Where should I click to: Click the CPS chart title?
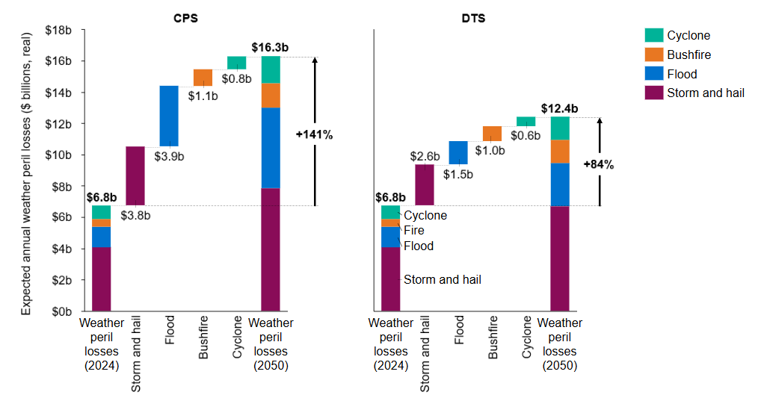(x=185, y=18)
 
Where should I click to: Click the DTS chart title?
(x=473, y=18)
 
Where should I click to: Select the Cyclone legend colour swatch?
(x=653, y=35)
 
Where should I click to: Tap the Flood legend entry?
(x=682, y=74)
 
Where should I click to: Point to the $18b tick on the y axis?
(x=59, y=30)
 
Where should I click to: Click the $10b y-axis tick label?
(x=59, y=155)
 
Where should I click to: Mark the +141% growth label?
(x=314, y=135)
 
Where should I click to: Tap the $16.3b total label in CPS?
(x=271, y=47)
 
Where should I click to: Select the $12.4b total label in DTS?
(x=559, y=108)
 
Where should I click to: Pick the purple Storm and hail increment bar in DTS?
(x=425, y=184)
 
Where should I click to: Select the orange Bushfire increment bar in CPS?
(x=203, y=78)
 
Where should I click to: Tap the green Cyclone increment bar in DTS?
(x=526, y=122)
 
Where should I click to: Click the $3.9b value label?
(x=169, y=158)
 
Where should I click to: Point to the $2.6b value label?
(x=425, y=156)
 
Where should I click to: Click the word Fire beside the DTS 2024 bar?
(x=414, y=231)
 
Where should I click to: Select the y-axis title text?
(x=26, y=173)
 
